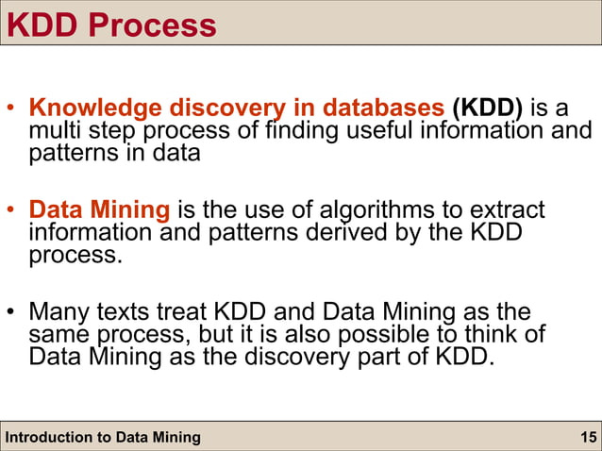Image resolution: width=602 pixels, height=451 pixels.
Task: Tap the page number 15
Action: click(588, 437)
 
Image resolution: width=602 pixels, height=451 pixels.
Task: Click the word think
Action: click(511, 334)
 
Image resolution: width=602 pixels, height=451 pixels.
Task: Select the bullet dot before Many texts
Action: click(12, 312)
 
